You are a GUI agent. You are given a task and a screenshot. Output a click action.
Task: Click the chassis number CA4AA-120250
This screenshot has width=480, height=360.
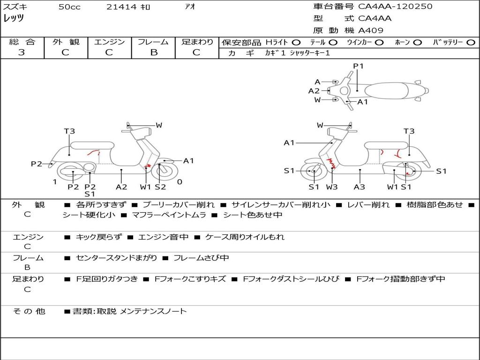(x=395, y=7)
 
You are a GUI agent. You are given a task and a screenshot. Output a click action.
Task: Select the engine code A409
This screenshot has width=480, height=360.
(x=371, y=30)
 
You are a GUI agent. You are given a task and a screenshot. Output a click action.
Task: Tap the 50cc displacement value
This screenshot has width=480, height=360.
(x=69, y=7)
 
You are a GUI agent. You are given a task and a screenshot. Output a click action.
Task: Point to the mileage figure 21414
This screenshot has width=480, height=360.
(x=121, y=7)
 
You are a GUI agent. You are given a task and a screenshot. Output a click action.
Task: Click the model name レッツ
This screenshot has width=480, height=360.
(x=14, y=18)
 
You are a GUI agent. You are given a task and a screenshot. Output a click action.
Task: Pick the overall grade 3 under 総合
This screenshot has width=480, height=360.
(x=22, y=52)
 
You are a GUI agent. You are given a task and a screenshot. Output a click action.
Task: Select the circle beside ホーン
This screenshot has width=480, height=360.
(x=418, y=43)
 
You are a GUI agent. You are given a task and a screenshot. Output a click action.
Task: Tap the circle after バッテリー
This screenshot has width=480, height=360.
(x=471, y=43)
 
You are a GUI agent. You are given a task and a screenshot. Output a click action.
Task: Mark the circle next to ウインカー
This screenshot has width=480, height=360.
(x=379, y=43)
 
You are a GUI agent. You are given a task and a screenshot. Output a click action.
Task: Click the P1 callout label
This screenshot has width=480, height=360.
(x=359, y=66)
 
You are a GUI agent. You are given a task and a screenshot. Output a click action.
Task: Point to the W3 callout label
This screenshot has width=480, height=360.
(x=332, y=187)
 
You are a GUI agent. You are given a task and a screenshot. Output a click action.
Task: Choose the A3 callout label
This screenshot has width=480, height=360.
(x=360, y=187)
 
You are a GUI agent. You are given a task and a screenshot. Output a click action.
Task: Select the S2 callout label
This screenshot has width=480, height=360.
(x=160, y=187)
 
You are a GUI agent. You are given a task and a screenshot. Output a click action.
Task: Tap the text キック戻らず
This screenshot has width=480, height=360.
(x=98, y=237)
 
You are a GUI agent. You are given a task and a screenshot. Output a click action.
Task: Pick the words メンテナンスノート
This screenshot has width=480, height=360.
(x=153, y=311)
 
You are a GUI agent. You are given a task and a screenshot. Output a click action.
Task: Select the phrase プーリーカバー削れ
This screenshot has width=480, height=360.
(x=179, y=205)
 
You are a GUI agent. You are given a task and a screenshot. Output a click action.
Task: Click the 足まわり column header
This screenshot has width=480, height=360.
(x=197, y=42)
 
